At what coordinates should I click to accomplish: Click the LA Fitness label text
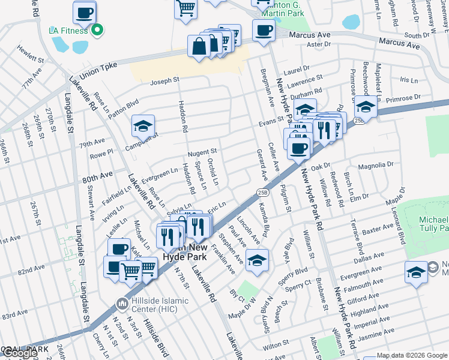68,29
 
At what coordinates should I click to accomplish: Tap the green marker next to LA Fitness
96,29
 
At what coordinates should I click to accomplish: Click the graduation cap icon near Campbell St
143,126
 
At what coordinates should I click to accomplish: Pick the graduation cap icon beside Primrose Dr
365,107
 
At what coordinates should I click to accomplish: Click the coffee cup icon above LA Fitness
85,12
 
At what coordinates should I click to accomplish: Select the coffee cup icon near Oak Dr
298,148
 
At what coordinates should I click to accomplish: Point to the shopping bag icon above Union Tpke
199,46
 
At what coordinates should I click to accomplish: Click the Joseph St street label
165,80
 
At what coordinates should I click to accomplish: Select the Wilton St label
276,345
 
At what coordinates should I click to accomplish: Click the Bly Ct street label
238,296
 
